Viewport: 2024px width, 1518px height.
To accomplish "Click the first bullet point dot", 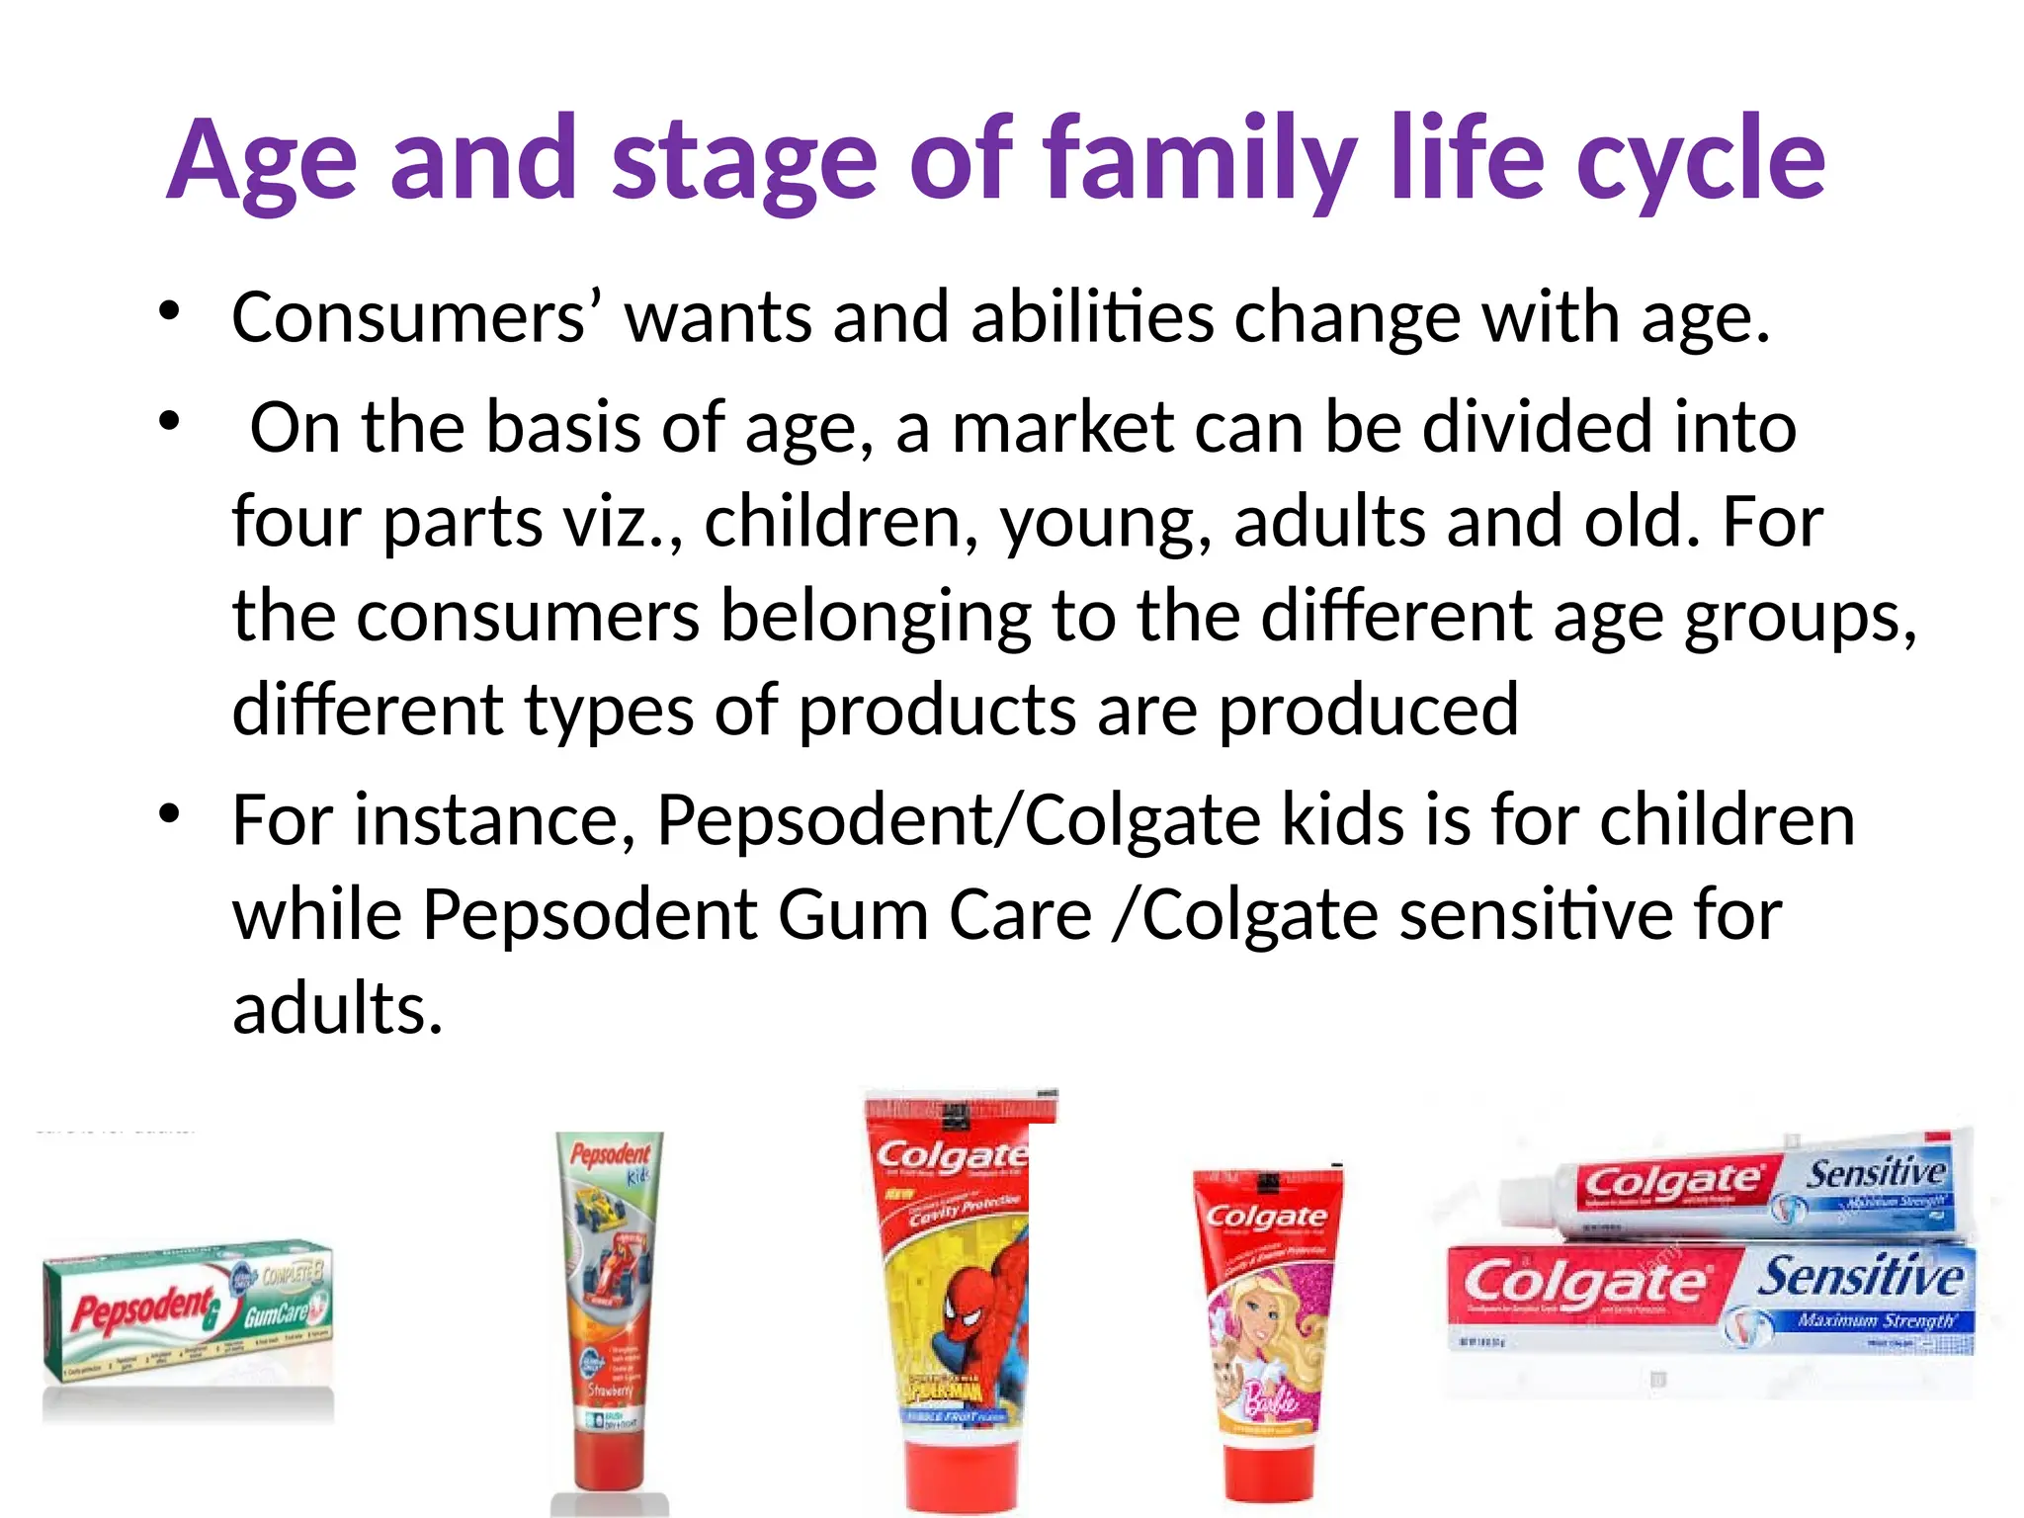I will (170, 311).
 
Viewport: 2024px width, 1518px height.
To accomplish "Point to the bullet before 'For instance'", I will (170, 814).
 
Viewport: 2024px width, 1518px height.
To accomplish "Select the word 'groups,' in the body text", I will (1800, 617).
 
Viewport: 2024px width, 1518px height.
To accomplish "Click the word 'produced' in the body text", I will (1368, 710).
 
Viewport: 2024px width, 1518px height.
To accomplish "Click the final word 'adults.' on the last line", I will (337, 1008).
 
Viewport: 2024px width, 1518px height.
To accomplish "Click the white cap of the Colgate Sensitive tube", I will (1527, 1204).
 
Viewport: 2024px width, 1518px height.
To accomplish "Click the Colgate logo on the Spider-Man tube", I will (949, 1156).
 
